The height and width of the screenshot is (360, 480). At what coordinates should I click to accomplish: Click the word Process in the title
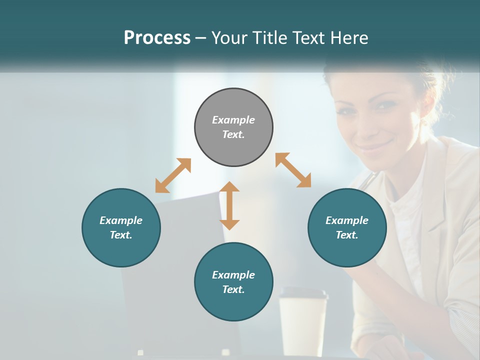157,38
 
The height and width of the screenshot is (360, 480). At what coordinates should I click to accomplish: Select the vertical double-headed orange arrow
229,205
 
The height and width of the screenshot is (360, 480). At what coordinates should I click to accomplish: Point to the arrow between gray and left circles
173,175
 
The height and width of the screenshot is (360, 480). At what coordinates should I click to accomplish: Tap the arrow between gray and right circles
293,170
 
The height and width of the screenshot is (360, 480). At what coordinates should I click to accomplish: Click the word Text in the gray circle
233,134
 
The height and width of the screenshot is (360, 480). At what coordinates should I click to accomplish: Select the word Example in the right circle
347,220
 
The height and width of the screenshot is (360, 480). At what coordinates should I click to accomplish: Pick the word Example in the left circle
121,220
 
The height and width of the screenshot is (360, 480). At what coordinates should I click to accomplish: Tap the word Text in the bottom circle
233,289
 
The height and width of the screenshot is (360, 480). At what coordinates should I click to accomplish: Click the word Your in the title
228,38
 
